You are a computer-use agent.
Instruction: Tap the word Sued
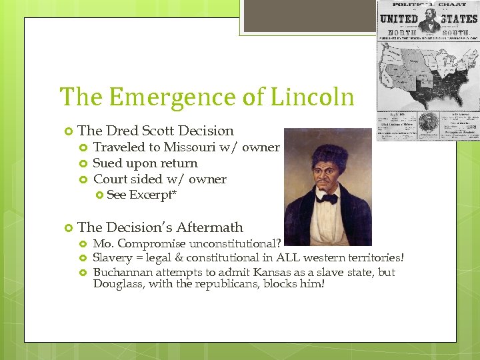coord(107,163)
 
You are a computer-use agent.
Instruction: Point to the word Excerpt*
coord(153,195)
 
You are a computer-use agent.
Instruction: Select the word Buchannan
coord(123,272)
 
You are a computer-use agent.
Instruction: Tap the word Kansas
coord(265,272)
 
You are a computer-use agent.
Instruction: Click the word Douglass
coord(117,284)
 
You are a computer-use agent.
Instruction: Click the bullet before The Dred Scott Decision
coord(67,131)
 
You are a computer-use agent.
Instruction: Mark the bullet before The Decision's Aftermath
coord(67,228)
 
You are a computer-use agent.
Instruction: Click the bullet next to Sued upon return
coord(83,163)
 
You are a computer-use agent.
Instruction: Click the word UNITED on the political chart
coord(399,18)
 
